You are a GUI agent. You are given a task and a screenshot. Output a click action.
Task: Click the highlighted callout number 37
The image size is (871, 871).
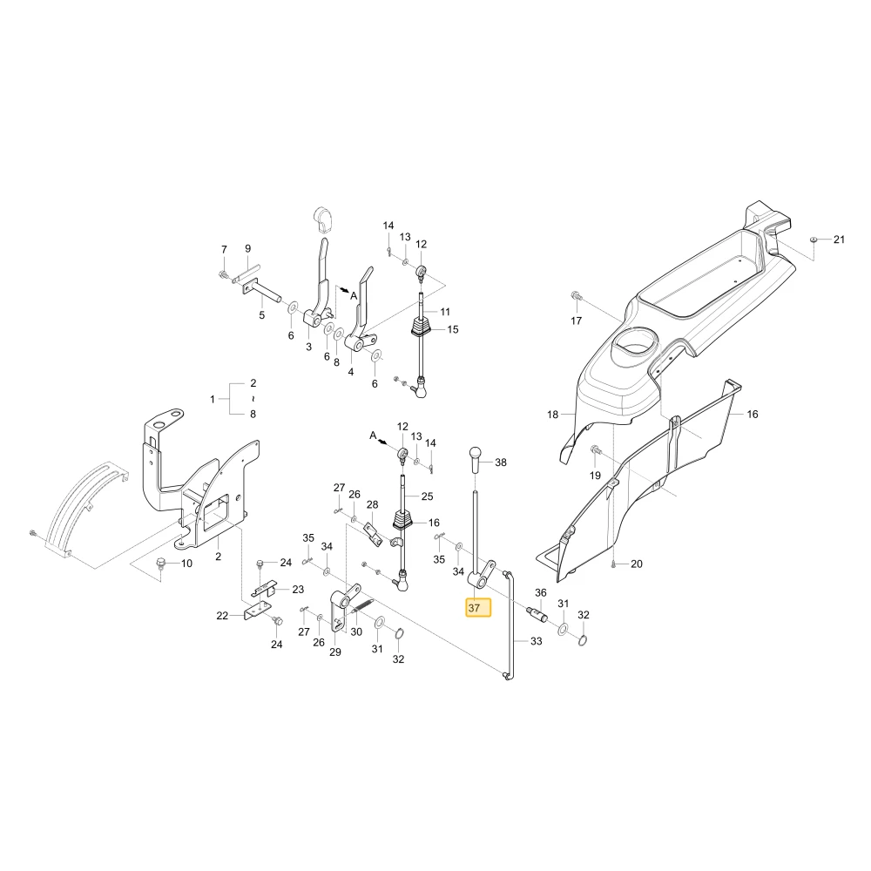(474, 608)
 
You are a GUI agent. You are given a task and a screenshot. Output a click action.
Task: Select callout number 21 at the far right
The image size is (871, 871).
(839, 240)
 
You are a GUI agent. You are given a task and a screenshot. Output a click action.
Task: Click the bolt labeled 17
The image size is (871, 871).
(575, 295)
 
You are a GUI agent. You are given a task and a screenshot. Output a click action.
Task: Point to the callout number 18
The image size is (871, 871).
(552, 415)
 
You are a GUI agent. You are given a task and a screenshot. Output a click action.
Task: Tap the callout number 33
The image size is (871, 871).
(536, 641)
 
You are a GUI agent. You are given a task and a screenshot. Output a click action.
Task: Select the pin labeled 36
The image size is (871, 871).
(537, 614)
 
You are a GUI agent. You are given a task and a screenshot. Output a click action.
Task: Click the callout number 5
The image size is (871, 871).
(261, 315)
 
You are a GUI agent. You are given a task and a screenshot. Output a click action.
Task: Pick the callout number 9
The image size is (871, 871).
(247, 249)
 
